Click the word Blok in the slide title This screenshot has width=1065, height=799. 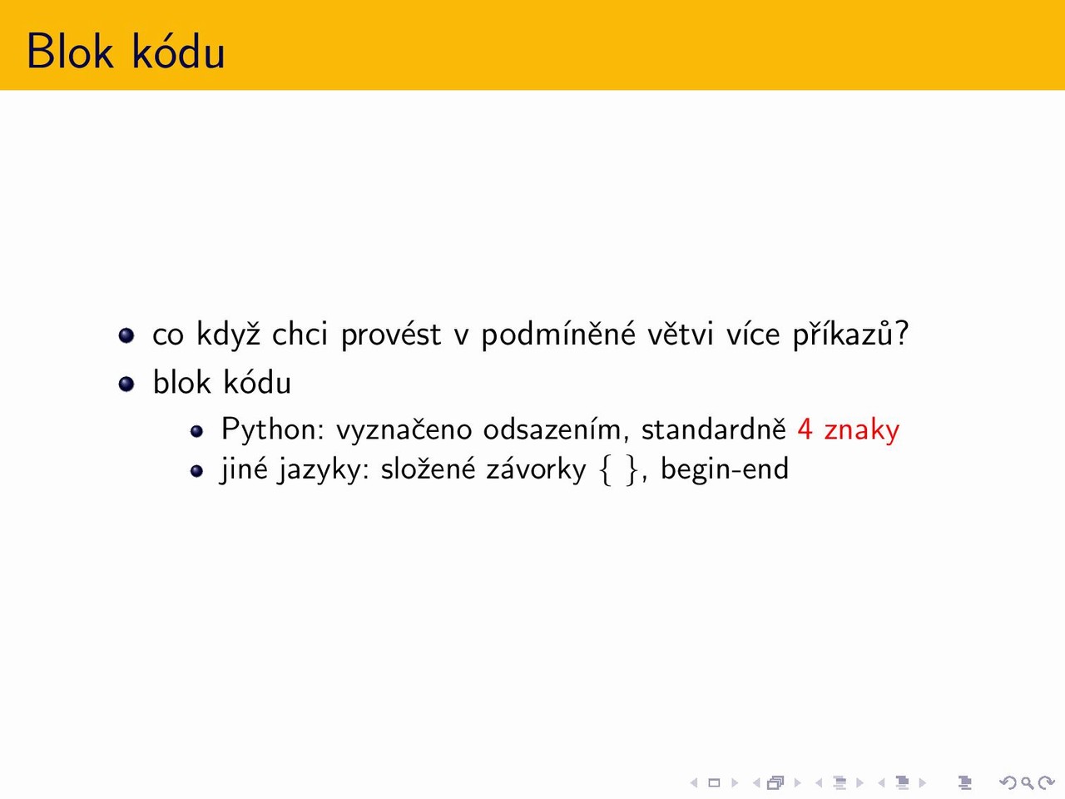(70, 51)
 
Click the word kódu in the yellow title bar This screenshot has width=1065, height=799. (179, 51)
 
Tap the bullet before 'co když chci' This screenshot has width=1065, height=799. (126, 335)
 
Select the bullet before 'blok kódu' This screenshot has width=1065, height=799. (126, 384)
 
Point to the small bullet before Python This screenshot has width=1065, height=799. (196, 431)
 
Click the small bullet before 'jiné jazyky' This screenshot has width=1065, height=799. (196, 470)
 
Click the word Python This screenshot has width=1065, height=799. (273, 429)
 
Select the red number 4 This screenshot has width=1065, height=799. (805, 429)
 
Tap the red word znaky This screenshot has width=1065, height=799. (862, 430)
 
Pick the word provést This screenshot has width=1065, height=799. (391, 335)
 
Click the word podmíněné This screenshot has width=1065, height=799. (558, 334)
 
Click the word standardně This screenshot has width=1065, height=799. (714, 429)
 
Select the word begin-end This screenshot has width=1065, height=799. (725, 470)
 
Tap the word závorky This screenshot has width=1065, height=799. (536, 469)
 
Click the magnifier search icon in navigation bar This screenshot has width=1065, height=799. (1027, 783)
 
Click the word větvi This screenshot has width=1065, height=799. (681, 334)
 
